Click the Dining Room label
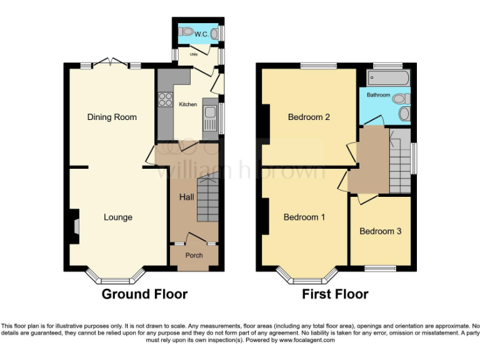(x=112, y=117)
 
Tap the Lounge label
(x=118, y=217)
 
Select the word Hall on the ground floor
(x=186, y=197)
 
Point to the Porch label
(x=194, y=255)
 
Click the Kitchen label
(x=188, y=104)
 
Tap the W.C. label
(x=201, y=34)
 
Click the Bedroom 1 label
(x=304, y=217)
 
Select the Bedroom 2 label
(x=309, y=117)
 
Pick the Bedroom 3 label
(x=380, y=231)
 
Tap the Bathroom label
(x=378, y=95)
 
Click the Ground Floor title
(x=144, y=294)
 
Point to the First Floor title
(x=335, y=294)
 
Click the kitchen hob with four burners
(x=166, y=99)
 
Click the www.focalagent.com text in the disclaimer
(x=307, y=341)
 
